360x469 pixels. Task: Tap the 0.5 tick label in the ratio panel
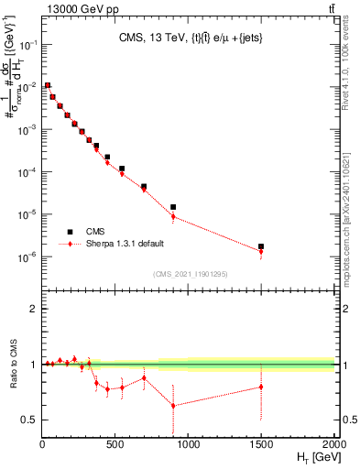tap(27, 420)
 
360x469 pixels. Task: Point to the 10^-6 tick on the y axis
tap(26, 257)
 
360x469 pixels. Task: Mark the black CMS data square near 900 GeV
tap(173, 207)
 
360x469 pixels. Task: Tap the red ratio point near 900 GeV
tap(173, 406)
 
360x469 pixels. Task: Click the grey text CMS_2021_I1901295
tap(189, 273)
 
